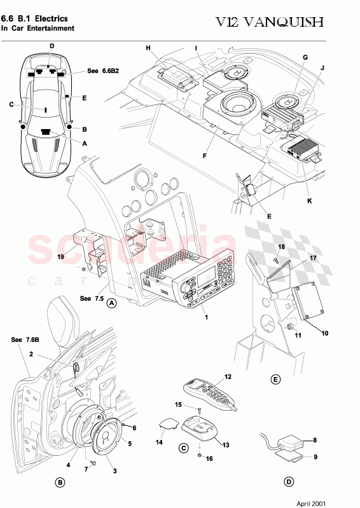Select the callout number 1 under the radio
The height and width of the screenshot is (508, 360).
(x=205, y=316)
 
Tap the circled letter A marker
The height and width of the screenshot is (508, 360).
(x=111, y=303)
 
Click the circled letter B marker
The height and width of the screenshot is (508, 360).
(x=60, y=483)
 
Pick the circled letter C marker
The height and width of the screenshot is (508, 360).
(x=184, y=448)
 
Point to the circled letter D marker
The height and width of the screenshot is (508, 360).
(x=289, y=482)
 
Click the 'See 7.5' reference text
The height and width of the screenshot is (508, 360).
(x=90, y=297)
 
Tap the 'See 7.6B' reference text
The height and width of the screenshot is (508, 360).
(x=24, y=340)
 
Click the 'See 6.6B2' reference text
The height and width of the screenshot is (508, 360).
(x=101, y=72)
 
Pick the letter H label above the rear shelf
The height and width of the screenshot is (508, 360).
(x=148, y=48)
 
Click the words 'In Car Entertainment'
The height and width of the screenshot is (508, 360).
(x=38, y=29)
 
